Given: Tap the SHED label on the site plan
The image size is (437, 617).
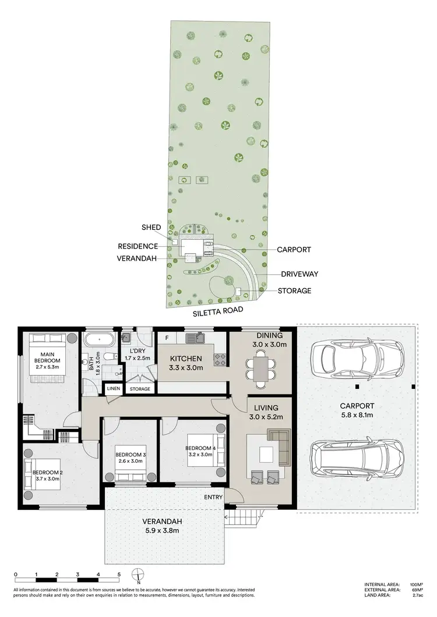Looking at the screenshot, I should (150, 227).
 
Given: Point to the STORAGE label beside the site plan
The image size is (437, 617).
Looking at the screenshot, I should (295, 290).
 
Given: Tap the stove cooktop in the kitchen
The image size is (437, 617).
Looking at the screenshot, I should (220, 360).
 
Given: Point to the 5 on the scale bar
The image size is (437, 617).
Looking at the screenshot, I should (119, 574).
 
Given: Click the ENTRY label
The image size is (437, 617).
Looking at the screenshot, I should (213, 497).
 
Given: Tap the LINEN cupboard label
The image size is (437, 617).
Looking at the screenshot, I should (112, 389).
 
